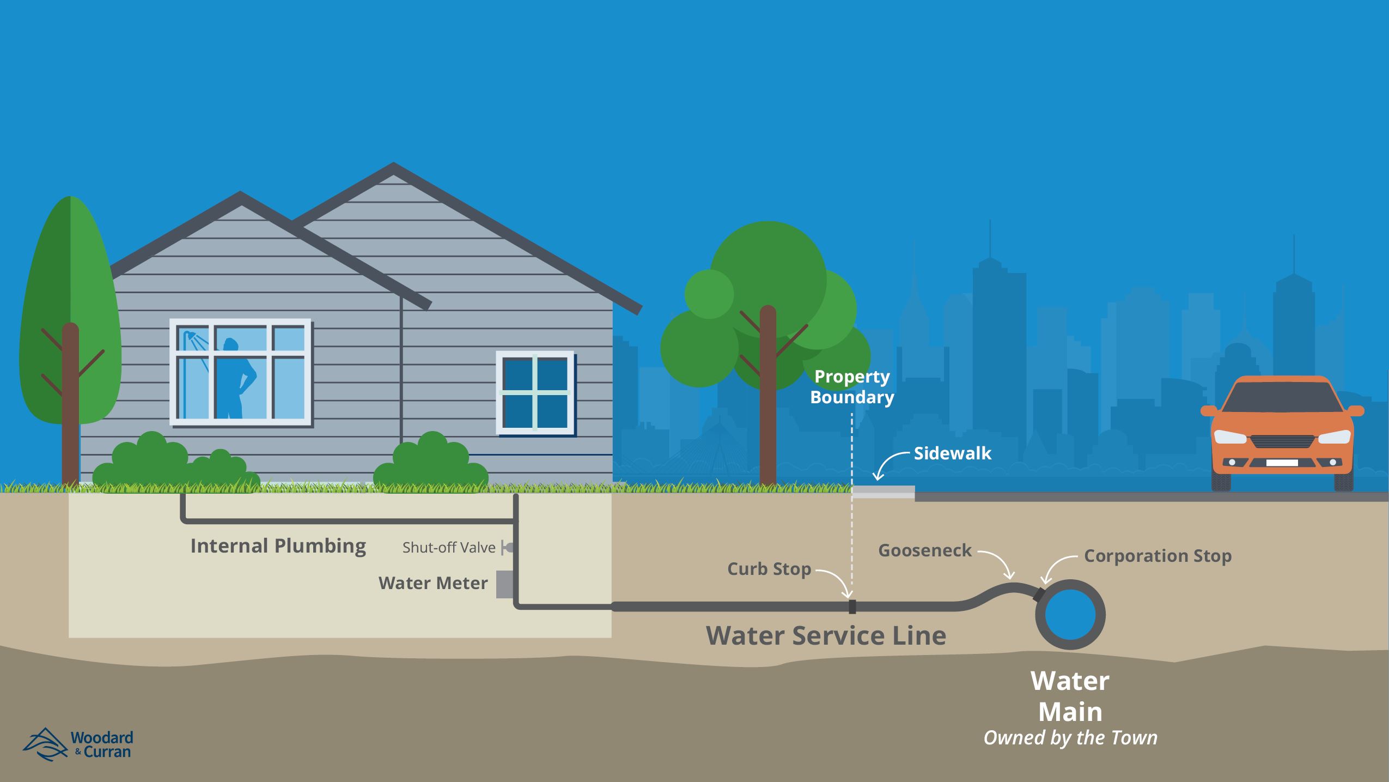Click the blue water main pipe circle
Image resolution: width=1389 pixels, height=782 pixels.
(1070, 614)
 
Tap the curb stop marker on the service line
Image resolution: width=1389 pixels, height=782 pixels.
(852, 607)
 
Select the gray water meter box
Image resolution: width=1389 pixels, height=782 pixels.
(504, 584)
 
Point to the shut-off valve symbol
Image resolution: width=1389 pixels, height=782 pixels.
(508, 548)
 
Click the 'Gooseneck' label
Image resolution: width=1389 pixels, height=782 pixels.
(924, 550)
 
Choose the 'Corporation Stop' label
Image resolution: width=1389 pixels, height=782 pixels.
(1157, 556)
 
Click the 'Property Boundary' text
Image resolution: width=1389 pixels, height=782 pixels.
(852, 386)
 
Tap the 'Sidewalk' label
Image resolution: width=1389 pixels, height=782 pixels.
(952, 453)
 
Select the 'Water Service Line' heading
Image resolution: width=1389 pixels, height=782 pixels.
(826, 635)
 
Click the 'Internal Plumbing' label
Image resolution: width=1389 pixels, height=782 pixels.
(278, 545)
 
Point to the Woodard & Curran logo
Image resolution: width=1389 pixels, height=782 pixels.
(77, 744)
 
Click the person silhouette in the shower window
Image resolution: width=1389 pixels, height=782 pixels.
(236, 379)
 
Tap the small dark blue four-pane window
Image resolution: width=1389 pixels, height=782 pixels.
(534, 392)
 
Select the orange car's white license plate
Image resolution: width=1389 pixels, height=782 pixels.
(1282, 463)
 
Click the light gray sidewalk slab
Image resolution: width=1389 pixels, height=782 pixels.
(883, 492)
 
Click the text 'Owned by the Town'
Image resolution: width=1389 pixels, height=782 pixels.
(1070, 738)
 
